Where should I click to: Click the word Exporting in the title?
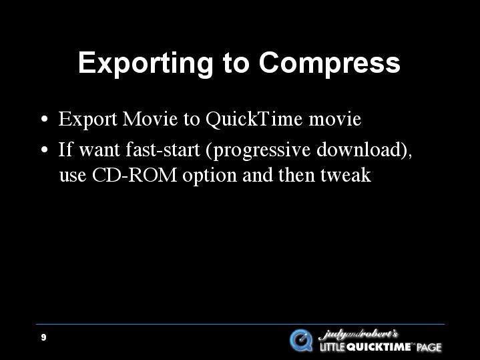[146, 63]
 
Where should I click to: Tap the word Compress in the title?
[329, 63]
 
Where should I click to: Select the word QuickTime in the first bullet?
[254, 119]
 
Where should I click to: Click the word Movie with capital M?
[150, 119]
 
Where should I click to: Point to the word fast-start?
[163, 150]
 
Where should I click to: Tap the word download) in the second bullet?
[365, 150]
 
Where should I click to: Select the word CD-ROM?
[134, 175]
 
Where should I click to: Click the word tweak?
[346, 175]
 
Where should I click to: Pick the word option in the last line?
[210, 176]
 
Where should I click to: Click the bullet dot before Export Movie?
[45, 119]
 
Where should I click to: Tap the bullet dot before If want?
[45, 150]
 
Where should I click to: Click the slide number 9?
[43, 337]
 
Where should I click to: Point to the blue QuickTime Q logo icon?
[301, 340]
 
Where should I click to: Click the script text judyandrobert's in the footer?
[358, 334]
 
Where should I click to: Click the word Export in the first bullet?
[88, 120]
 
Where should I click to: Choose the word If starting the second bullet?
[65, 150]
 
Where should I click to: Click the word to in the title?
[236, 65]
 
